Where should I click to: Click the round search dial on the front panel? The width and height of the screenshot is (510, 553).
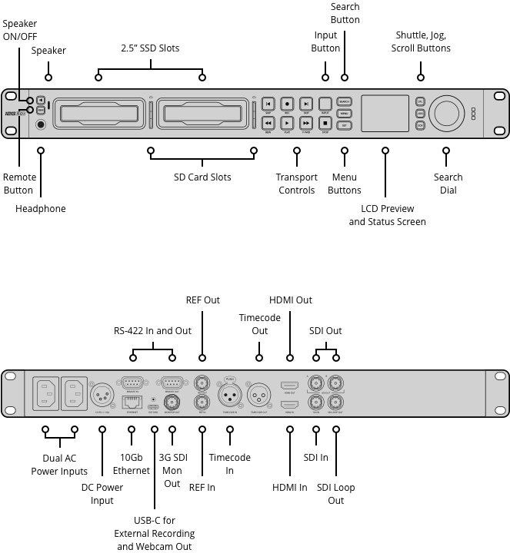point(446,112)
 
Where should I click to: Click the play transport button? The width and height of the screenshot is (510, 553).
point(286,123)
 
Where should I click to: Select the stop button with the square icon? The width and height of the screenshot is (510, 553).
point(325,123)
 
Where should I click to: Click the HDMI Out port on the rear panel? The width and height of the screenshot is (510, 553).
point(290,384)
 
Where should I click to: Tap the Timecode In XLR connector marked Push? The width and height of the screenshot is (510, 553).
point(229,396)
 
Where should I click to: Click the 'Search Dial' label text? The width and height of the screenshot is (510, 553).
point(448,184)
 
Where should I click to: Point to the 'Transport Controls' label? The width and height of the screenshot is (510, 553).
point(297,184)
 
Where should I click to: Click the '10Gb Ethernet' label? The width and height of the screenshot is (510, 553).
point(132,464)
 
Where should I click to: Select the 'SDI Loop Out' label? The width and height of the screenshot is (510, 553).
point(336,494)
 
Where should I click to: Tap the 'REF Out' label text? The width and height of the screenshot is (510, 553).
point(203,300)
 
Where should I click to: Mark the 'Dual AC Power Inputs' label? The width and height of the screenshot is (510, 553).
point(59,465)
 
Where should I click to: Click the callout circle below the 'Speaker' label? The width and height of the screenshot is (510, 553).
point(48,77)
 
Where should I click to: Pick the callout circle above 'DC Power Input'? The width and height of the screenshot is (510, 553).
point(102,430)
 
